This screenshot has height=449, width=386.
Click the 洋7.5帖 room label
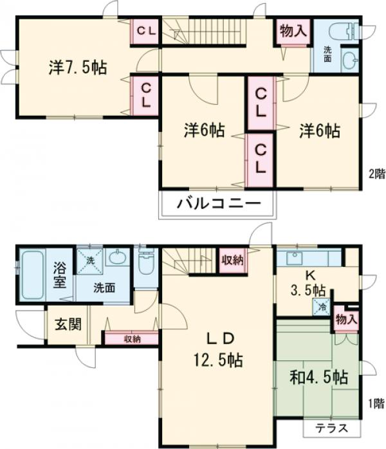pyautogui.click(x=78, y=68)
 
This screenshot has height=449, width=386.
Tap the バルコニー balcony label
pyautogui.click(x=219, y=204)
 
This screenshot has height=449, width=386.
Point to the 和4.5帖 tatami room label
pyautogui.click(x=318, y=377)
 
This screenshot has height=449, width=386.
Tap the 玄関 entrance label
pyautogui.click(x=68, y=324)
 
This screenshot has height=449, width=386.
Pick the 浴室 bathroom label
pyautogui.click(x=60, y=275)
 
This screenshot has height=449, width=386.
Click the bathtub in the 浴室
pyautogui.click(x=32, y=275)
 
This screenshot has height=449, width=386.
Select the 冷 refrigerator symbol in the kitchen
pyautogui.click(x=322, y=307)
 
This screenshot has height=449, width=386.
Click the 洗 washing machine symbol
pyautogui.click(x=90, y=261)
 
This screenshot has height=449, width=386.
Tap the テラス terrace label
pyautogui.click(x=332, y=428)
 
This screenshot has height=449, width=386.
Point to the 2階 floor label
pyautogui.click(x=376, y=174)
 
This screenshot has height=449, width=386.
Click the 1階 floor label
pyautogui.click(x=376, y=404)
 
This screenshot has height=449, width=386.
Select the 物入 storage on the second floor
pyautogui.click(x=293, y=31)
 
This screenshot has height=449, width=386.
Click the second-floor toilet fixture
pyautogui.click(x=344, y=31)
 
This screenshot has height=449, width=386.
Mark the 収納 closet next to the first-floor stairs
pyautogui.click(x=232, y=261)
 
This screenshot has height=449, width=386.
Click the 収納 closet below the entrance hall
pyautogui.click(x=132, y=339)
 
